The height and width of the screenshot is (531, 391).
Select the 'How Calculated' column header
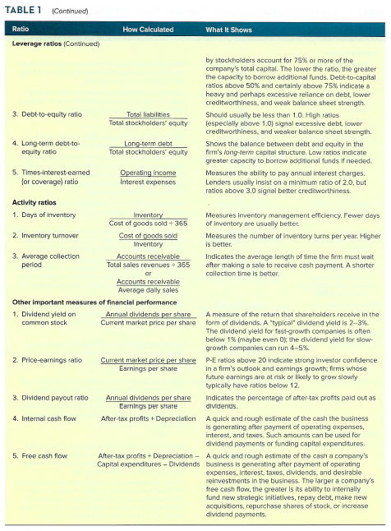(147, 30)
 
